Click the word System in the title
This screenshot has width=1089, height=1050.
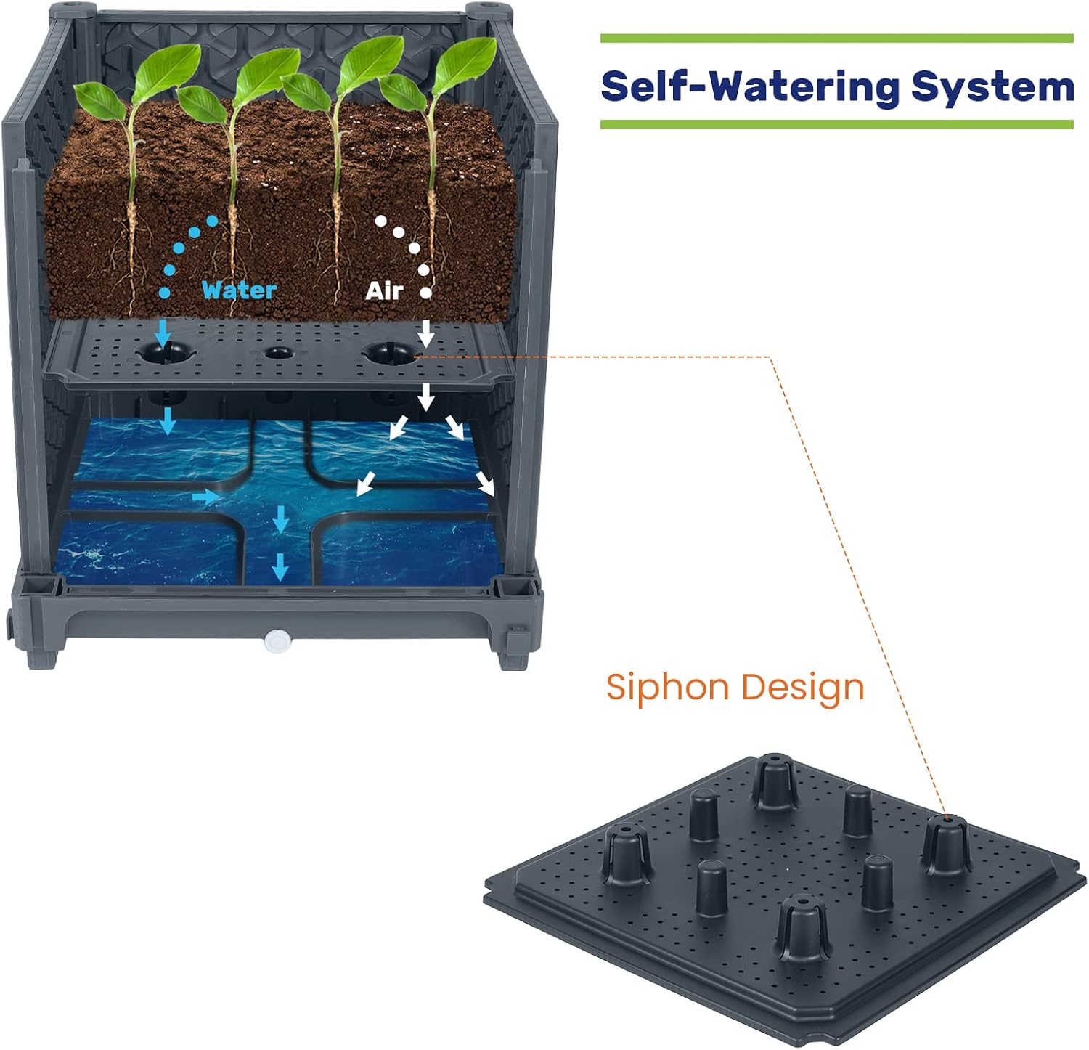992,86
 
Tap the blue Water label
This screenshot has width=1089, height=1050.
239,290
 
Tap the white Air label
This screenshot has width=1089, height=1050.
384,290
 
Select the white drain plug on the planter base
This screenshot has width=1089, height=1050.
277,640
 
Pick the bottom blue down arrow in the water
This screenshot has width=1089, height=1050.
280,566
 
